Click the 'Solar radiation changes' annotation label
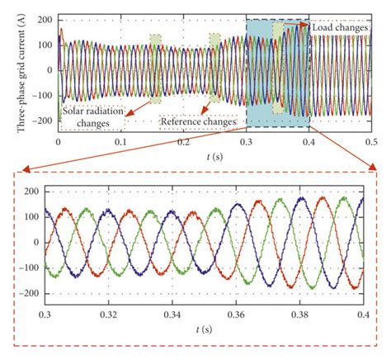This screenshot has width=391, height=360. pos(92,116)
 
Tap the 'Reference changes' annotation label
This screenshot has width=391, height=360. pos(198,121)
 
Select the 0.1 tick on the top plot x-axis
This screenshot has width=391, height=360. pos(121,142)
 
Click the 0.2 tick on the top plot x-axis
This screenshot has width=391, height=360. pos(184,142)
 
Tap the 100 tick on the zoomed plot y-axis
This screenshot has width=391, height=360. pos(31,216)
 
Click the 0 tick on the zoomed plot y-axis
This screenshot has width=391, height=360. pos(35,242)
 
